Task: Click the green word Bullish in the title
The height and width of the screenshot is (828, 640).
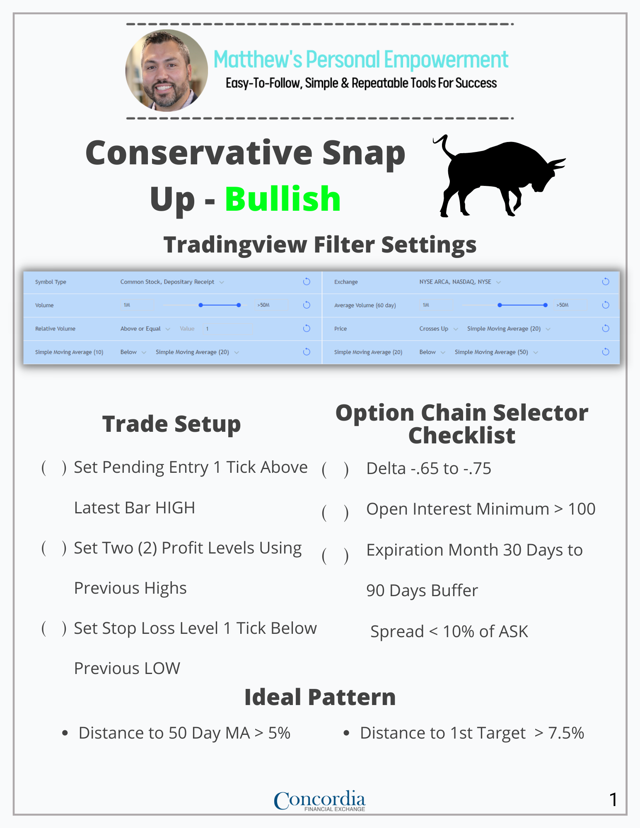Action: coord(283,199)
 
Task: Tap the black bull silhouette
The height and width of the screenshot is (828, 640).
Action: coord(499,176)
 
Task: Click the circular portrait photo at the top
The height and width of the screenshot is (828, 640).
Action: coord(167,70)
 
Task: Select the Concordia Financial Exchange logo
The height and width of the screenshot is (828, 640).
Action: coord(319,801)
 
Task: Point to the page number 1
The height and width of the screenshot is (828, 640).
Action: coord(613,799)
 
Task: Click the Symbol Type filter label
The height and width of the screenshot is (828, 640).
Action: coord(51,282)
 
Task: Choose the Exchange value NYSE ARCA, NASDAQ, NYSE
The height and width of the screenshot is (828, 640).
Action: coord(455,282)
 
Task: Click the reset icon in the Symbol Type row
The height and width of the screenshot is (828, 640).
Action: coord(307,282)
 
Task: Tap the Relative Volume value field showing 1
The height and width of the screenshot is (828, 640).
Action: coord(227,329)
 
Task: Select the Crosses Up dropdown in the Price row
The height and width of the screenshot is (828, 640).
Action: coord(438,329)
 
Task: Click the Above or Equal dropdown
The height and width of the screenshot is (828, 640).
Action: coord(145,329)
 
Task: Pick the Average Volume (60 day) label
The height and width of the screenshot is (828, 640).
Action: coord(365,306)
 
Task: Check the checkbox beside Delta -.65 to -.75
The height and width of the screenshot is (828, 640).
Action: coord(335,470)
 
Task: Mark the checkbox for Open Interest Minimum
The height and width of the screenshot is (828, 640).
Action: coord(335,513)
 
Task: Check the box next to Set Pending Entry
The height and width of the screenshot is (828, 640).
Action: coord(54,467)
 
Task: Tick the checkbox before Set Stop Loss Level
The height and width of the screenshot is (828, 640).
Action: coord(54,628)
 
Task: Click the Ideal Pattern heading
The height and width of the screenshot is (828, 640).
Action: coord(320,697)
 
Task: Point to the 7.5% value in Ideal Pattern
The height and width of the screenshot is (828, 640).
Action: coord(566,733)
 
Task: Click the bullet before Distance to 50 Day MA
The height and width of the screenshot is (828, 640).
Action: coord(65,733)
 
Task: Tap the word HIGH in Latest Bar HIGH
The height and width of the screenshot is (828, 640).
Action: coord(175,508)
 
